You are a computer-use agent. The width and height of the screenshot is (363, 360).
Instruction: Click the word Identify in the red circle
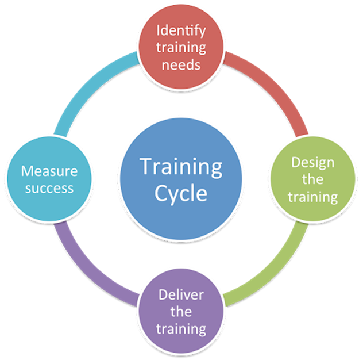pos(181,29)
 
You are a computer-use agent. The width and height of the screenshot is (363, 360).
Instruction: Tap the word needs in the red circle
pos(181,64)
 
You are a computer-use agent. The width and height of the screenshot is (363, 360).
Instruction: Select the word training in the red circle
pos(181,47)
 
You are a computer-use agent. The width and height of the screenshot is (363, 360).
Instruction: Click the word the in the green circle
pos(312,179)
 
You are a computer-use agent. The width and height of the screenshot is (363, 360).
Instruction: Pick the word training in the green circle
pos(312,197)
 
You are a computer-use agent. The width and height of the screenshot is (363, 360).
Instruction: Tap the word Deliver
pos(181,295)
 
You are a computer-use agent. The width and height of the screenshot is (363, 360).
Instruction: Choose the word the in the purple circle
pos(181,312)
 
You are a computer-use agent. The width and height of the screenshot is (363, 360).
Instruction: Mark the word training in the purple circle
pos(181,330)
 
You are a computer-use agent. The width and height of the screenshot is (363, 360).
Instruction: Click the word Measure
pos(49,171)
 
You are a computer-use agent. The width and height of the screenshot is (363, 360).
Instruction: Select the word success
pos(49,188)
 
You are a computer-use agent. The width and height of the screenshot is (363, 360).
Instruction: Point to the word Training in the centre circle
pos(181,167)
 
